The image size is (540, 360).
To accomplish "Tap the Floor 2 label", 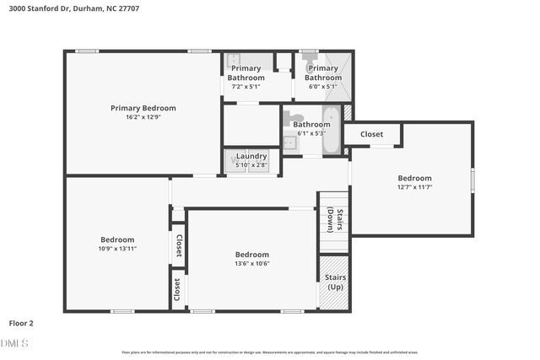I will (21, 323).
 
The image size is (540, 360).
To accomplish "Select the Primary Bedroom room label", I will (143, 108).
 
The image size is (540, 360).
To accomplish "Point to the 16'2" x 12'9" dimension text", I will (143, 118).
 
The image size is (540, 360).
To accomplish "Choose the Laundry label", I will (251, 156).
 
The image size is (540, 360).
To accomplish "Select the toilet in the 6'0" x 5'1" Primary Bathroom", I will (310, 62).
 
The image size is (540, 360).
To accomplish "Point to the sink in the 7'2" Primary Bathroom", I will (234, 61).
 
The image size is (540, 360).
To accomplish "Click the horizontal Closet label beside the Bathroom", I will (371, 134).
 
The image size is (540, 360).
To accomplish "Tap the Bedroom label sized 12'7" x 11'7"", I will (414, 178).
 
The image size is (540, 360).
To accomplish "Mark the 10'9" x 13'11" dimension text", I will (117, 249).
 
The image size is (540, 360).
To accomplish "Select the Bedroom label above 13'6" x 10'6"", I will (251, 255).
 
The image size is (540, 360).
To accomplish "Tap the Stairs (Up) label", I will (335, 282).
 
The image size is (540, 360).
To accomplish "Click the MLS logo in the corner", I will (14, 344).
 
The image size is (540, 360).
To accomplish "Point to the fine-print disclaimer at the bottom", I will (270, 352).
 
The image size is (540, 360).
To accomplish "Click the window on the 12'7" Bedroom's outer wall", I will (472, 180).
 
